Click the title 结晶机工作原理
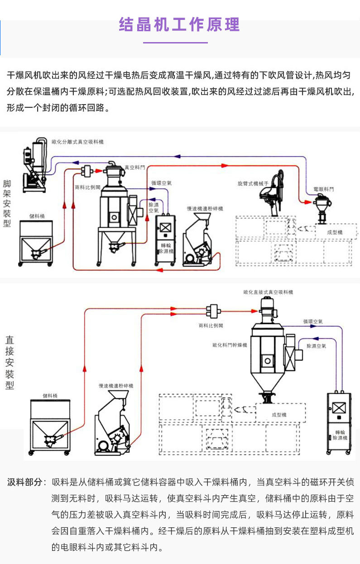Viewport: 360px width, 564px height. pos(179,24)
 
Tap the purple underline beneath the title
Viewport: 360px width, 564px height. pos(175,43)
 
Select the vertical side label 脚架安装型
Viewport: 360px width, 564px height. pos(7,203)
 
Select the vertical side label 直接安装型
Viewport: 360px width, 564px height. pos(10,363)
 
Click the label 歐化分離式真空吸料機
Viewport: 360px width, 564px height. pos(77,142)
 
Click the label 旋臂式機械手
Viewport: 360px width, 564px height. pos(253,184)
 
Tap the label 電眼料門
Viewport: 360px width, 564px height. pos(324,188)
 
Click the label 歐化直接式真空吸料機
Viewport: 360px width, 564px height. pos(268,292)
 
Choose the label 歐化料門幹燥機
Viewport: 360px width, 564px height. pos(230,345)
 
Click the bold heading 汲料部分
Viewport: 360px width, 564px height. pos(26,482)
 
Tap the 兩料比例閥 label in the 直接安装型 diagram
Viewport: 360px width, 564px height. pos(211,325)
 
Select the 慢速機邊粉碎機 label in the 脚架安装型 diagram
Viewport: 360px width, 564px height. pos(205,209)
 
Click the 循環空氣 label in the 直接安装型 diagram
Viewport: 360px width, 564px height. pos(313,321)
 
